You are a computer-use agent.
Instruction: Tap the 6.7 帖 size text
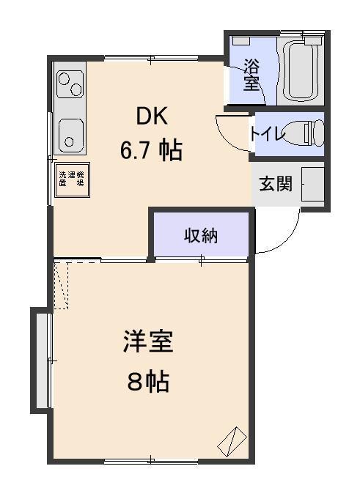(152, 151)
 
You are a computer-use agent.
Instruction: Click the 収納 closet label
(201, 237)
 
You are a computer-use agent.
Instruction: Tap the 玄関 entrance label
(275, 184)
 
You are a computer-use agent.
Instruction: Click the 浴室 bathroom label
(251, 74)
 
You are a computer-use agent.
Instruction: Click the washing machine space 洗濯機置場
(71, 178)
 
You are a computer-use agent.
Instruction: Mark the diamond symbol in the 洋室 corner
(229, 439)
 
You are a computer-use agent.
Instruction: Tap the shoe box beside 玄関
(313, 184)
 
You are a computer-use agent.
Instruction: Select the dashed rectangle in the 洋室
(61, 285)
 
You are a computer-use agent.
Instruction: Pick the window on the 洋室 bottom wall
(150, 460)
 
